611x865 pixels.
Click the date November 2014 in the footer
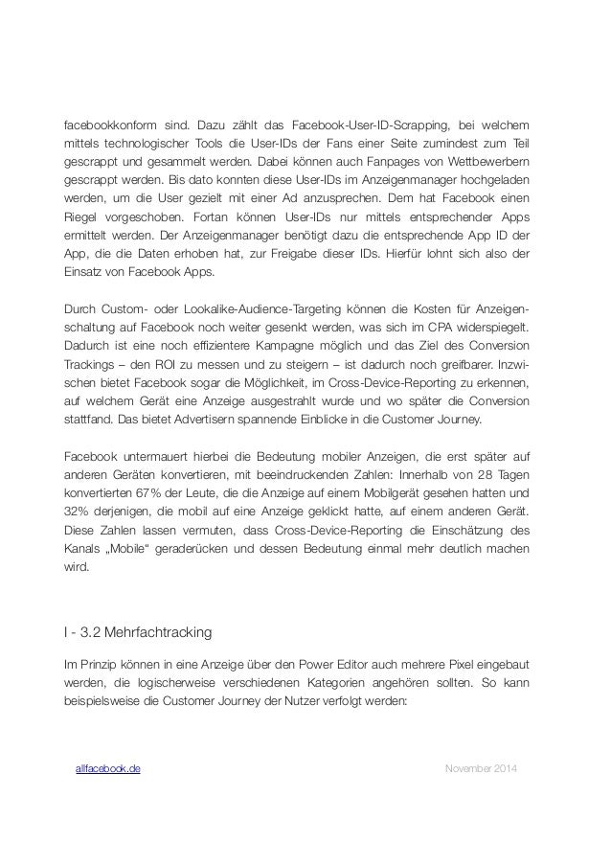pos(480,769)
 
